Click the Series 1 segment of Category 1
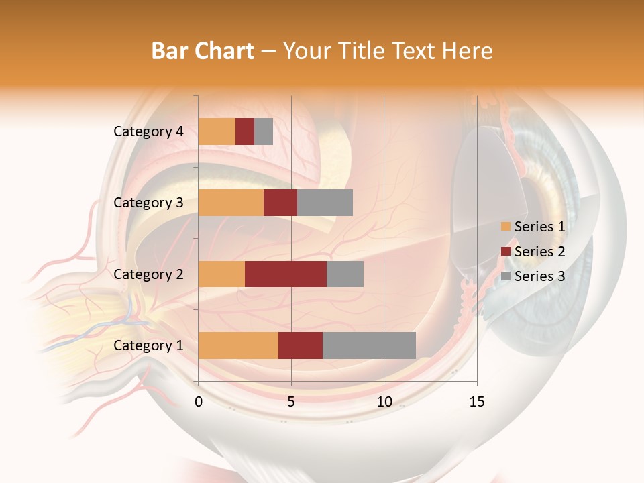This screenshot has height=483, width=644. pyautogui.click(x=238, y=345)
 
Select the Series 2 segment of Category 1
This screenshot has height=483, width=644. pyautogui.click(x=301, y=345)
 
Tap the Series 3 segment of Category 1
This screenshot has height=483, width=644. pyautogui.click(x=369, y=345)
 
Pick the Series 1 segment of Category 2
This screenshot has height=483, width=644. pyautogui.click(x=221, y=274)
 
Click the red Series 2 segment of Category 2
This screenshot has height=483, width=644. pyautogui.click(x=286, y=274)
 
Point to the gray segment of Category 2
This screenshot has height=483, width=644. pyautogui.click(x=345, y=274)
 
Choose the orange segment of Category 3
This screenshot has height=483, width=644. pyautogui.click(x=231, y=203)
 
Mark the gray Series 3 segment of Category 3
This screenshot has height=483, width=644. pyautogui.click(x=325, y=203)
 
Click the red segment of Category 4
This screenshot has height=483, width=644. pyautogui.click(x=245, y=131)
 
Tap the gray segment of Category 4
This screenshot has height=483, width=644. pyautogui.click(x=264, y=131)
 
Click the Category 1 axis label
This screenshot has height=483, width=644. pyautogui.click(x=148, y=345)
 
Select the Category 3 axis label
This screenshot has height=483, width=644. pyautogui.click(x=148, y=203)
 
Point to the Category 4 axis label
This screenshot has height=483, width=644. pyautogui.click(x=148, y=131)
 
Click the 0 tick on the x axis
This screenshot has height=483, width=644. pyautogui.click(x=199, y=402)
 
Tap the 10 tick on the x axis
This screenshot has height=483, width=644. pyautogui.click(x=384, y=402)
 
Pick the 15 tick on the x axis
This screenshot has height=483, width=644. pyautogui.click(x=477, y=402)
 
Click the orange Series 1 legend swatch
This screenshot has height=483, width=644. pyautogui.click(x=506, y=227)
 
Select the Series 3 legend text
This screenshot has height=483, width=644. pyautogui.click(x=539, y=276)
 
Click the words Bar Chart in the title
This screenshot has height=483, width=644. pyautogui.click(x=202, y=50)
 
